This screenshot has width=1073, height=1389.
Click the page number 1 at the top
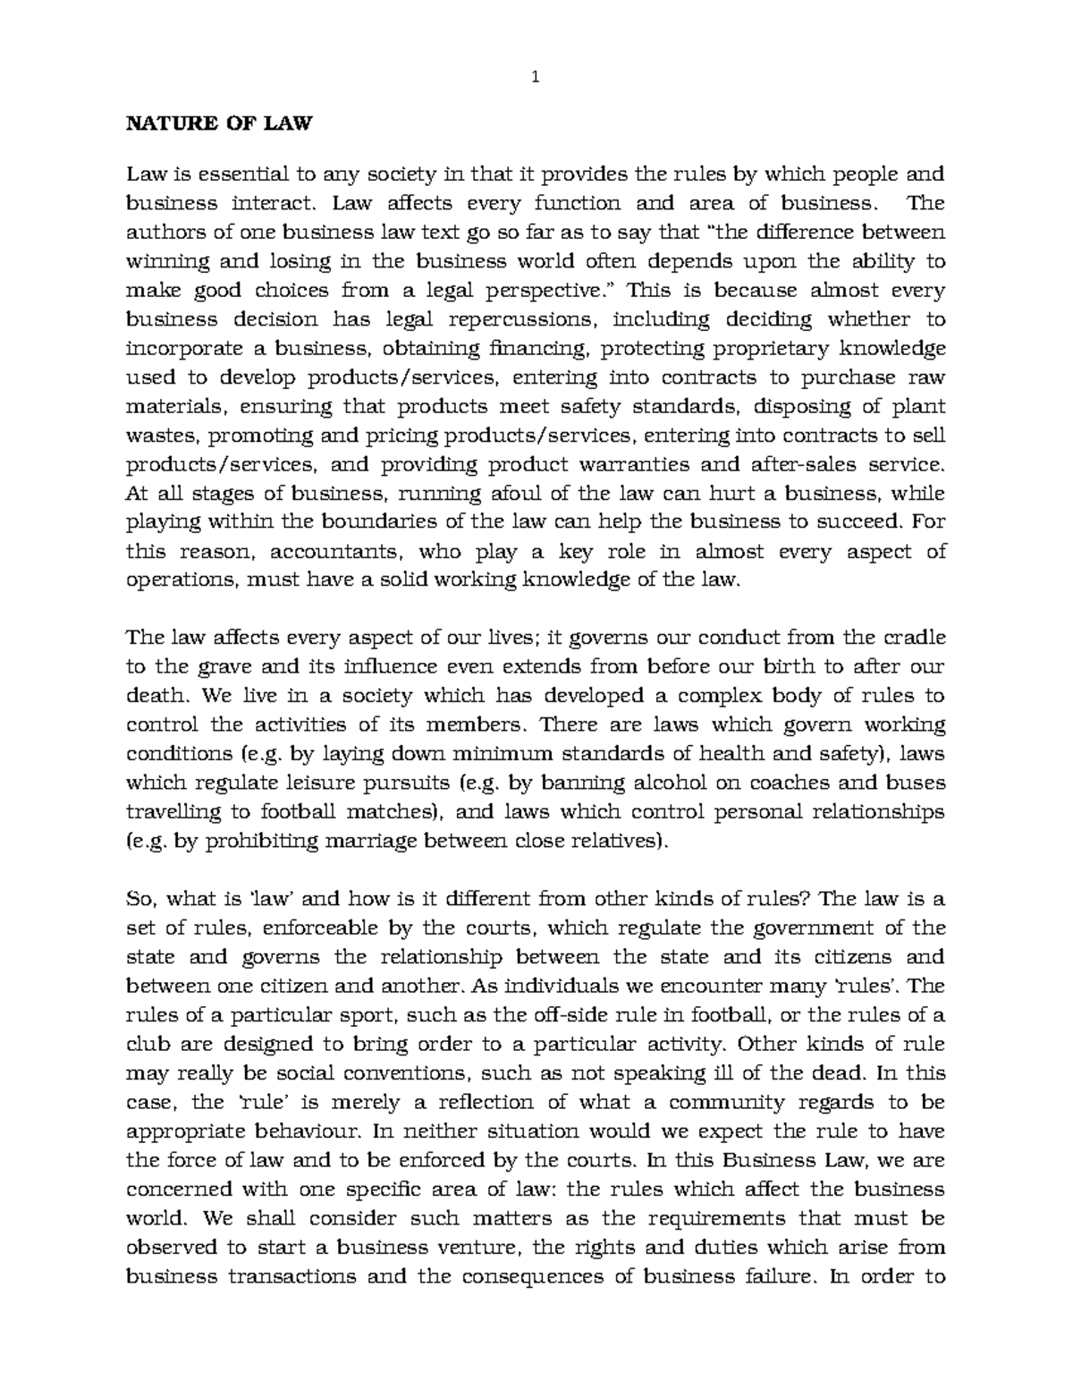click(x=536, y=77)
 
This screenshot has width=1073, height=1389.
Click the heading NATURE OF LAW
click(x=218, y=123)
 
